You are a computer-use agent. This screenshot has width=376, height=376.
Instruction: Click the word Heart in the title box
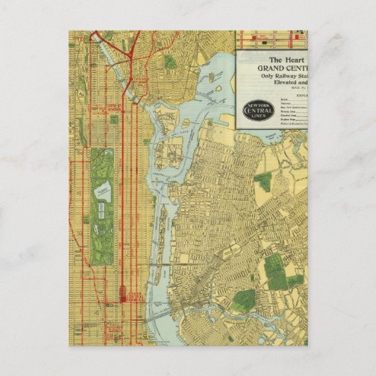291,60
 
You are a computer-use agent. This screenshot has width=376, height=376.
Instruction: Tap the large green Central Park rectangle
101,206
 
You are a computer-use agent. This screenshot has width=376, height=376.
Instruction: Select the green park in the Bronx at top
170,62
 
